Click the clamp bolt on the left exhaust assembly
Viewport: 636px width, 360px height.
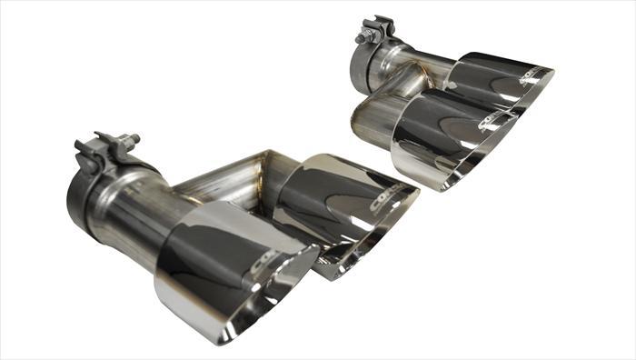[134, 141]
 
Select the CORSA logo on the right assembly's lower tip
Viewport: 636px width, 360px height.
[496, 127]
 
